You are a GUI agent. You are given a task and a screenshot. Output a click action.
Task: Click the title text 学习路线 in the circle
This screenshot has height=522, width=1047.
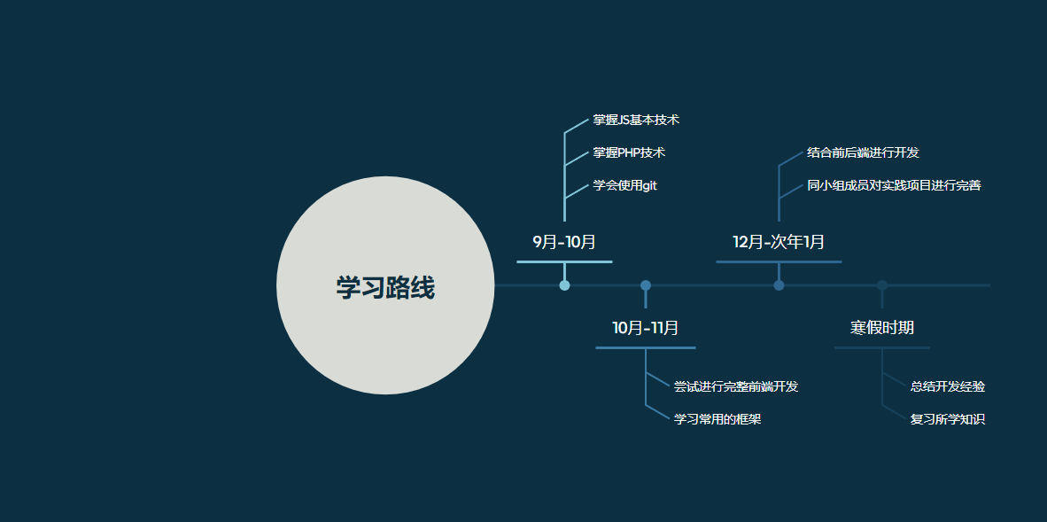pyautogui.click(x=385, y=288)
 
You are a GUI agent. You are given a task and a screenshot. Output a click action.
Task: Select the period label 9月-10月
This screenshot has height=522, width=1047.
pyautogui.click(x=564, y=242)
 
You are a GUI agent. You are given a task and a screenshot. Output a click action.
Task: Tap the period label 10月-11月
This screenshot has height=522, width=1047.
pyautogui.click(x=646, y=328)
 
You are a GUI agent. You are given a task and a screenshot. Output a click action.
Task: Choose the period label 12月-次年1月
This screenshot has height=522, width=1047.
pyautogui.click(x=779, y=242)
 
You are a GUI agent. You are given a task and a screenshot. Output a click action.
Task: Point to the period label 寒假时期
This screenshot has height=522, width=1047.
pyautogui.click(x=882, y=328)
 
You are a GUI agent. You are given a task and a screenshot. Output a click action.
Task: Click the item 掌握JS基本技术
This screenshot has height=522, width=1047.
pyautogui.click(x=636, y=121)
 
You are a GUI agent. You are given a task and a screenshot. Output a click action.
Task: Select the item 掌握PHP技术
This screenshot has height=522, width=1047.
pyautogui.click(x=629, y=153)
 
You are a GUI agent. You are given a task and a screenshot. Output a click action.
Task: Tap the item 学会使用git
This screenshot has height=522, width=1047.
pyautogui.click(x=625, y=186)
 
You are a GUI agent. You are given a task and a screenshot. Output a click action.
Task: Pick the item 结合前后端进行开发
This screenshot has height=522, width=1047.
pyautogui.click(x=863, y=153)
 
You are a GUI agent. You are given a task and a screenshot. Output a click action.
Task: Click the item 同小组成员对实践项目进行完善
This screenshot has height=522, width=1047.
pyautogui.click(x=894, y=186)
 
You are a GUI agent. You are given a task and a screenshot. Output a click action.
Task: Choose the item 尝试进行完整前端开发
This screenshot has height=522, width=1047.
pyautogui.click(x=736, y=387)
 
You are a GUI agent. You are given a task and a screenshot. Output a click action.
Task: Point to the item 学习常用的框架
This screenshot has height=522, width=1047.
pyautogui.click(x=717, y=420)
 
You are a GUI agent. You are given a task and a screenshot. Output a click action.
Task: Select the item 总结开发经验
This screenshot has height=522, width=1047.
pyautogui.click(x=948, y=387)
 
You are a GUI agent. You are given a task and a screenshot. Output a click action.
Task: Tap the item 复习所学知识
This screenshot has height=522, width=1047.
pyautogui.click(x=948, y=420)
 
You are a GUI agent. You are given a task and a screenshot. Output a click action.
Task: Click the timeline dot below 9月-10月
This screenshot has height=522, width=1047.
pyautogui.click(x=564, y=285)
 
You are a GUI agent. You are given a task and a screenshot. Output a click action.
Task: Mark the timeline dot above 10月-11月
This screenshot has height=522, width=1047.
pyautogui.click(x=646, y=285)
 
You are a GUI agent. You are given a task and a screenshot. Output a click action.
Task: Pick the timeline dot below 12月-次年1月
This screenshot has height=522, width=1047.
pyautogui.click(x=779, y=285)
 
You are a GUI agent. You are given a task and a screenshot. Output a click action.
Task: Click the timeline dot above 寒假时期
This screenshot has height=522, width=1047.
pyautogui.click(x=882, y=285)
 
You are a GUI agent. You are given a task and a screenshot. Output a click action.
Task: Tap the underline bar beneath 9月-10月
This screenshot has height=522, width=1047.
pyautogui.click(x=564, y=262)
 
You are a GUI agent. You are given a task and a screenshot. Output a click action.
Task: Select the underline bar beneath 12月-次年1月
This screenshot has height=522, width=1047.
pyautogui.click(x=779, y=262)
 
